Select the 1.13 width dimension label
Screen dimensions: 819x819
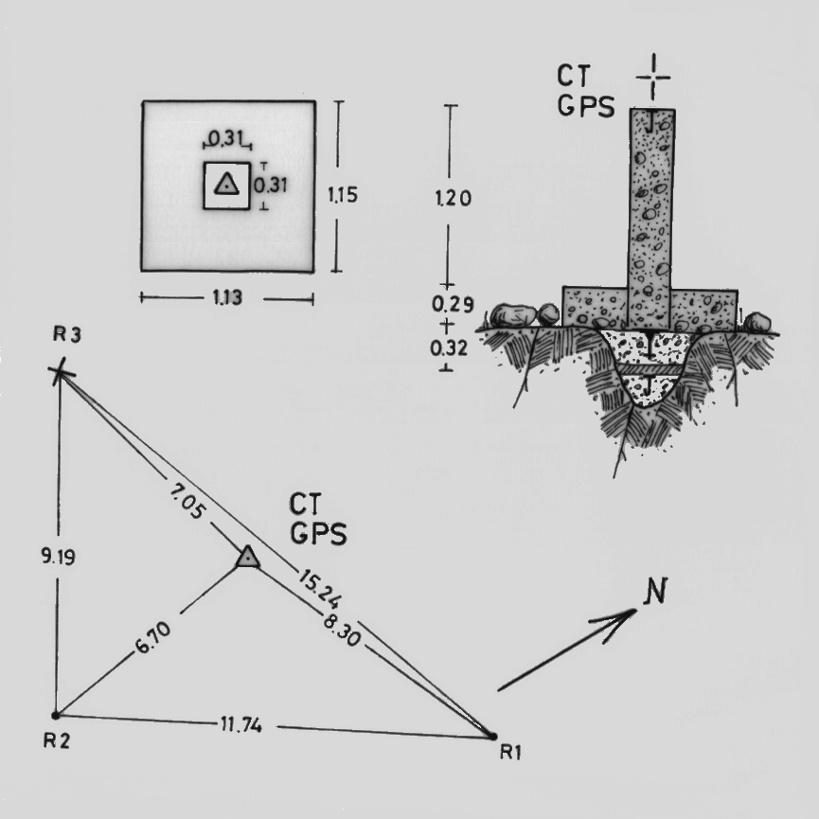(x=227, y=298)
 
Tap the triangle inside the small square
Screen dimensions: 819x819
(x=225, y=185)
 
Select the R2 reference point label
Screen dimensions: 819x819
(x=55, y=740)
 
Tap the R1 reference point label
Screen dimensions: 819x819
(x=511, y=753)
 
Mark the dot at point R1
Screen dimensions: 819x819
(x=491, y=736)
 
